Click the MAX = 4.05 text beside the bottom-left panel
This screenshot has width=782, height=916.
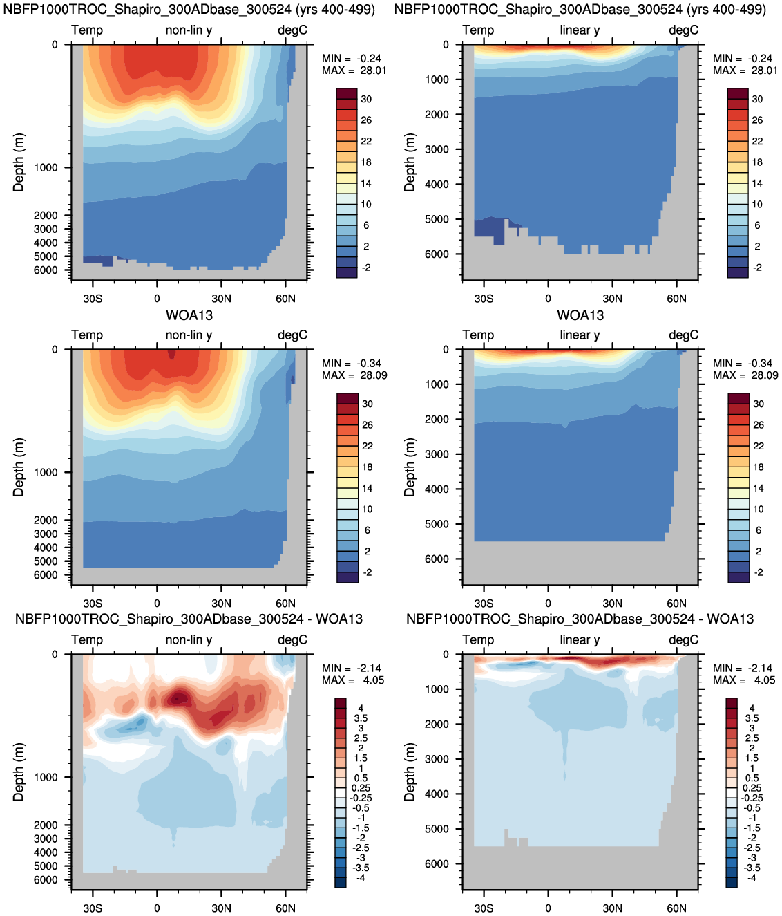pos(352,680)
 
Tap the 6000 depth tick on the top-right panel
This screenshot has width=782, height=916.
pos(437,254)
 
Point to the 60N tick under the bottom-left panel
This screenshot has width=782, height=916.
pos(285,908)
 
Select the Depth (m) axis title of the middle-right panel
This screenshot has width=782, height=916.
pos(410,467)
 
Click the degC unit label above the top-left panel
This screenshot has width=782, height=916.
pos(292,30)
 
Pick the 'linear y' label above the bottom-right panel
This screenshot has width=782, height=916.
pos(580,639)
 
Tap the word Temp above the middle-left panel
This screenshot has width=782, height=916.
pos(87,335)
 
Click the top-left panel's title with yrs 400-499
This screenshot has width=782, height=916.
pos(189,10)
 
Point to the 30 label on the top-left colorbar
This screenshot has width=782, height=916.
pos(366,99)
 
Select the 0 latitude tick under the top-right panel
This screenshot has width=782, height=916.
pos(548,299)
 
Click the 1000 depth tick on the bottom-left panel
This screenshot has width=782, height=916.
pos(46,777)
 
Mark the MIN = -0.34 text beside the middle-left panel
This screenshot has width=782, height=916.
pos(352,364)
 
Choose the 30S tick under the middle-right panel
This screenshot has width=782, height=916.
pos(484,604)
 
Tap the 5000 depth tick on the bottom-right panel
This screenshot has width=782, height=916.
pos(437,829)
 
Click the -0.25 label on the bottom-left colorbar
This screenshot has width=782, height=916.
pos(360,798)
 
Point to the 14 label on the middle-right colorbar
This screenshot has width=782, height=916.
pos(758,488)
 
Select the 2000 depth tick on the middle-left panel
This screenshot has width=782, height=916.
pos(46,520)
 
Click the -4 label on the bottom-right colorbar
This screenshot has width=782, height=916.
pos(751,877)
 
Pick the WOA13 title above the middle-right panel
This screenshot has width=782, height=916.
pos(580,315)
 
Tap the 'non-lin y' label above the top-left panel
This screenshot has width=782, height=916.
pos(189,30)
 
